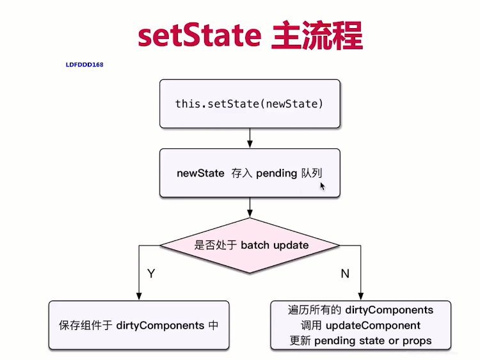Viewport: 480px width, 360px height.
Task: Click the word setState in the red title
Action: click(200, 35)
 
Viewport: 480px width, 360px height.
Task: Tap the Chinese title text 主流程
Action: click(317, 35)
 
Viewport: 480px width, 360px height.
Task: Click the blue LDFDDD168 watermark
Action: click(84, 65)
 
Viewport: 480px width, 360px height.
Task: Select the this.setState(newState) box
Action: click(250, 104)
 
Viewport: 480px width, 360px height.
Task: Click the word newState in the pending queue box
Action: click(200, 173)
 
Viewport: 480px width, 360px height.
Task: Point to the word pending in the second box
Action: click(276, 174)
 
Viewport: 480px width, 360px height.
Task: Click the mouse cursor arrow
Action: click(323, 186)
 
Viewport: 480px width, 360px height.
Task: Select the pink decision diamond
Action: click(250, 246)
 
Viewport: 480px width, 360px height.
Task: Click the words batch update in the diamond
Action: click(275, 245)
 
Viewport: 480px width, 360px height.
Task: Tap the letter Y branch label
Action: click(151, 273)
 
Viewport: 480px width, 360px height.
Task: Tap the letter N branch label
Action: click(345, 274)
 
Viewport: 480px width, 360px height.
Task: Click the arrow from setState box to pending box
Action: click(250, 138)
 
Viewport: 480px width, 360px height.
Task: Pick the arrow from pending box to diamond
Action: click(250, 207)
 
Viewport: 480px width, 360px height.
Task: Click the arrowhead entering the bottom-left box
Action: click(139, 297)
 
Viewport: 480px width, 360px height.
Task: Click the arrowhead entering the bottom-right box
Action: click(360, 297)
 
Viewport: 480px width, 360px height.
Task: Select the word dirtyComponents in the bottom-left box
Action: click(160, 325)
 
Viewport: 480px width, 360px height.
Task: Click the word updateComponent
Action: click(373, 325)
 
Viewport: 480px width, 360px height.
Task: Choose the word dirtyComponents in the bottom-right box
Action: click(389, 310)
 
